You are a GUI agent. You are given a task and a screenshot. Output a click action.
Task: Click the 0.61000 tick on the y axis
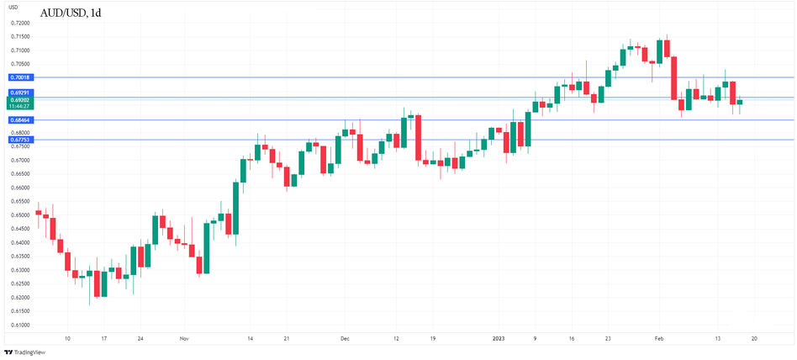click(21, 325)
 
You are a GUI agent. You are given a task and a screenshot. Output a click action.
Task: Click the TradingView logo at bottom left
click(25, 352)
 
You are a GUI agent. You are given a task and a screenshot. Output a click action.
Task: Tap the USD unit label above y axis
click(13, 8)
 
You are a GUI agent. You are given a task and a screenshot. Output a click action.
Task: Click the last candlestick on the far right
click(740, 102)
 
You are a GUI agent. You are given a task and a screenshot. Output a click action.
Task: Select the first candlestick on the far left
click(38, 213)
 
